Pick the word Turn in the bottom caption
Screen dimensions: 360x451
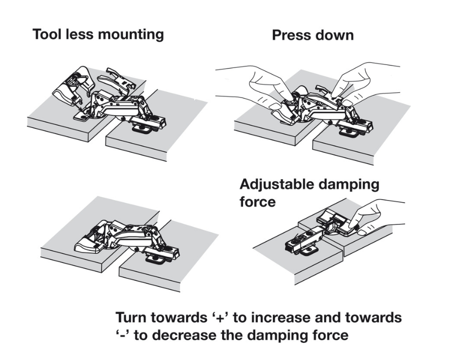point(132,318)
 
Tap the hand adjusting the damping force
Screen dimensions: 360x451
point(375,213)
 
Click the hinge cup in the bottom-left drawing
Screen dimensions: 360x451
point(91,243)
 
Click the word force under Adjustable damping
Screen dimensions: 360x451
point(257,202)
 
